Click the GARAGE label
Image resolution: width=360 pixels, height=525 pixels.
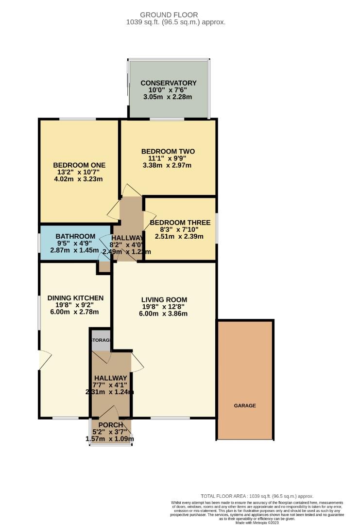coord(244,405)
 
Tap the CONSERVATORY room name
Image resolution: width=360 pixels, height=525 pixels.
coord(169,83)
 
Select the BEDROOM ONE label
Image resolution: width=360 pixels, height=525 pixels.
coord(79,165)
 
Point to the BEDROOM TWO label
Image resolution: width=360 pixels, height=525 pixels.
coord(167,151)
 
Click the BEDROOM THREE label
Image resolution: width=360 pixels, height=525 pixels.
coord(180,223)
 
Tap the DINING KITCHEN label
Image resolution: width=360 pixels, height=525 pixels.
coord(75,297)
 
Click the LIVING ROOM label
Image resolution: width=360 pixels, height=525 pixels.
coord(164,299)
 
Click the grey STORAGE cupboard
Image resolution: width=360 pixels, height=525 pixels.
coord(101,340)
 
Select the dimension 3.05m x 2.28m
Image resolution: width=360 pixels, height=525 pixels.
coord(169,97)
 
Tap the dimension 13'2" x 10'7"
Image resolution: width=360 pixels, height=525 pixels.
coord(79,172)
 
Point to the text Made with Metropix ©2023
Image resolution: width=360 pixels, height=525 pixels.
coord(257,523)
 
